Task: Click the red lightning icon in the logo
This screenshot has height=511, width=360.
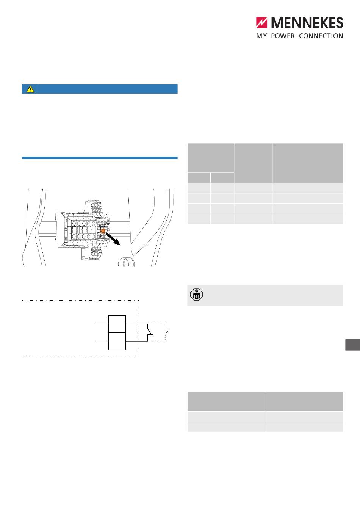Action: pyautogui.click(x=261, y=23)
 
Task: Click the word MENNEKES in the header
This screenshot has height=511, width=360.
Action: pyautogui.click(x=307, y=23)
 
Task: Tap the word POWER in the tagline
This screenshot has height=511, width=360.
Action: pyautogui.click(x=283, y=36)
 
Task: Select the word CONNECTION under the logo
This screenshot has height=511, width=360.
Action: pyautogui.click(x=321, y=36)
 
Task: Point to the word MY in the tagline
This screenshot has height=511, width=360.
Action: pyautogui.click(x=261, y=36)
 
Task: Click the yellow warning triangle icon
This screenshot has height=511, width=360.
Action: pyautogui.click(x=30, y=89)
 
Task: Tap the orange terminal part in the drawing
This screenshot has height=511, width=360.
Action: pyautogui.click(x=103, y=231)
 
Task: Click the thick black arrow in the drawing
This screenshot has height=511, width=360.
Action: pyautogui.click(x=113, y=239)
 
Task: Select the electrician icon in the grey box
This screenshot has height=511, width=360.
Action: pyautogui.click(x=196, y=294)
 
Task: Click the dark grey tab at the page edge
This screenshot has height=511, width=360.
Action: pyautogui.click(x=353, y=345)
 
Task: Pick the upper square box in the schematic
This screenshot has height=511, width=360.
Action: pyautogui.click(x=117, y=324)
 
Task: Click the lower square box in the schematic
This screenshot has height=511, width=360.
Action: pyautogui.click(x=117, y=341)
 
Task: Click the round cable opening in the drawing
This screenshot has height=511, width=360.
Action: pyautogui.click(x=126, y=262)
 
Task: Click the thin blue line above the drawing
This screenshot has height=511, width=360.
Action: pyautogui.click(x=100, y=158)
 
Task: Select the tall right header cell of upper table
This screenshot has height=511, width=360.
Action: pyautogui.click(x=308, y=163)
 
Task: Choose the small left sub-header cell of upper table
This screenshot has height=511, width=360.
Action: pyautogui.click(x=199, y=177)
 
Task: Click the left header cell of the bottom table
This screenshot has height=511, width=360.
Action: pyautogui.click(x=226, y=401)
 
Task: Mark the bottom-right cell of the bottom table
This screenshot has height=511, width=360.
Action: pyautogui.click(x=304, y=427)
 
